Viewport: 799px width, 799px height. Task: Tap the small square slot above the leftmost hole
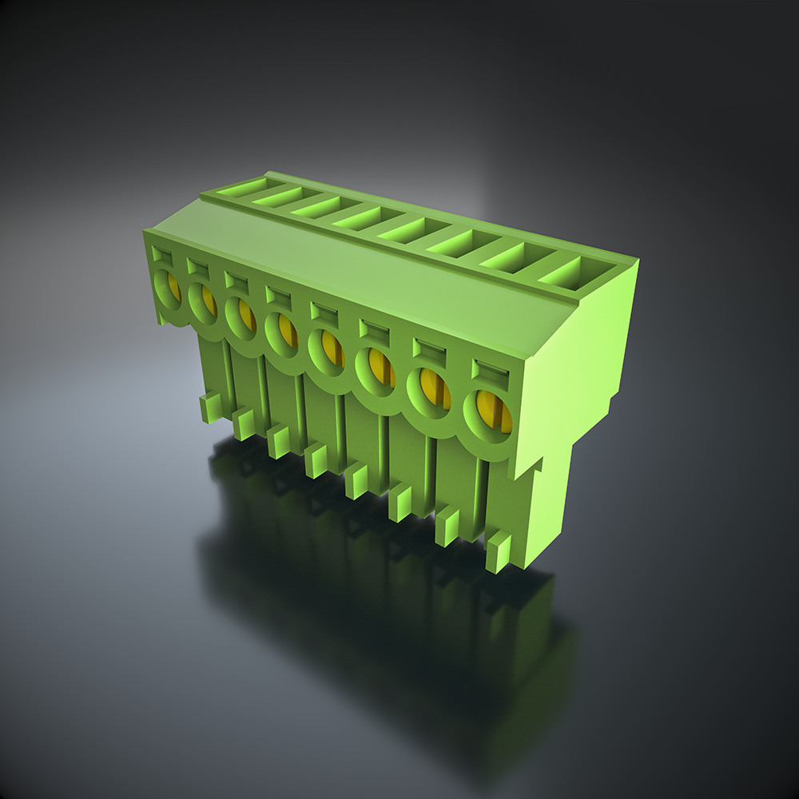tap(162, 255)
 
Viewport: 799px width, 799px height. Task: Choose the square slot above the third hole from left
tap(236, 280)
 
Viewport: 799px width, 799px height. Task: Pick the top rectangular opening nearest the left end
tap(237, 189)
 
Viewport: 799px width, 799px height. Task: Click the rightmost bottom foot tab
tap(499, 551)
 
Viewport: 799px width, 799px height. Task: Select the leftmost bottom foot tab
tap(210, 407)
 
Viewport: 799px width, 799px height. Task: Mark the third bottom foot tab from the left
tap(278, 441)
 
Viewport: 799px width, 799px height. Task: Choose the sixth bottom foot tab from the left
tap(399, 503)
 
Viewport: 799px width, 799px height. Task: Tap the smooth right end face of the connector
tap(575, 376)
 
